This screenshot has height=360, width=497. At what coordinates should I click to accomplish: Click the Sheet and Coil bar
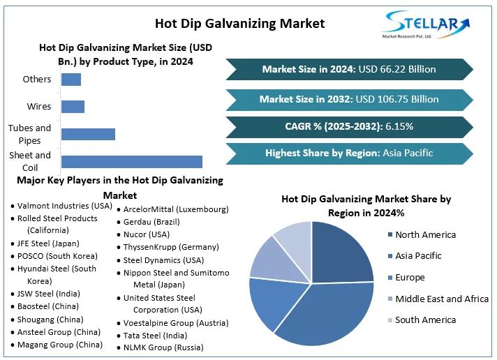[131, 161]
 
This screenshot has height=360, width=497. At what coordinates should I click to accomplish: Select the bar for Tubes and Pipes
[88, 134]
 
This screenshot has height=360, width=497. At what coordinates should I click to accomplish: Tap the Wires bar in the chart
[73, 107]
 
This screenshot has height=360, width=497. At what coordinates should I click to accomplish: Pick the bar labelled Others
[71, 79]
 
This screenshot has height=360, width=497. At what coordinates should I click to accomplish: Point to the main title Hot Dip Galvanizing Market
[239, 23]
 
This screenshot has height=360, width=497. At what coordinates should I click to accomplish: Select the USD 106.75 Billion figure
[397, 99]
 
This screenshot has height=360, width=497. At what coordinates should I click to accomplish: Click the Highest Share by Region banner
[349, 153]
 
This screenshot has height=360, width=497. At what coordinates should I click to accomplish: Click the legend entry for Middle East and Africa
[442, 299]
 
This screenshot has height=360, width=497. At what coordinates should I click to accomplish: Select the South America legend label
[425, 320]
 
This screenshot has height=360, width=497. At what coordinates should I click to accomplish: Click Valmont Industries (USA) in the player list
[64, 206]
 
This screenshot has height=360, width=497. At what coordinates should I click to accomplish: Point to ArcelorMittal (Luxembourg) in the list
[176, 209]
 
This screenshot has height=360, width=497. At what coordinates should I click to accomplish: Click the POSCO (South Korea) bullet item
[57, 256]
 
